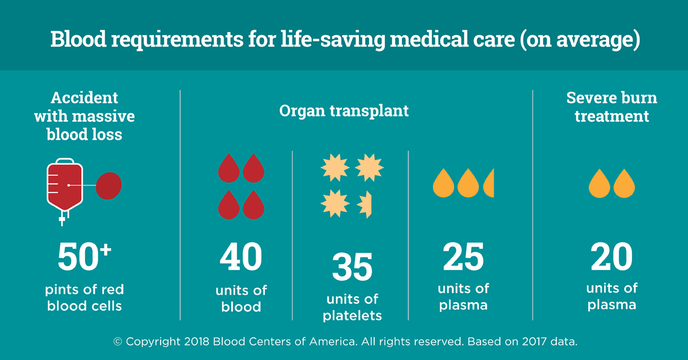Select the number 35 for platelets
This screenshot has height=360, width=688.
352,268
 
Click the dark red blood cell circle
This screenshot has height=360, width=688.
109,186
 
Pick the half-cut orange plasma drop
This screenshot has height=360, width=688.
489,182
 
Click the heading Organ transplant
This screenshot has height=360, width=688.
344,111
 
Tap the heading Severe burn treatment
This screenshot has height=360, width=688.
612,107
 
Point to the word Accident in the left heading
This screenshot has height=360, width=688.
84,98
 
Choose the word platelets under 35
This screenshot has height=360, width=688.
352,315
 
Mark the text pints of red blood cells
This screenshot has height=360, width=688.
84,297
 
